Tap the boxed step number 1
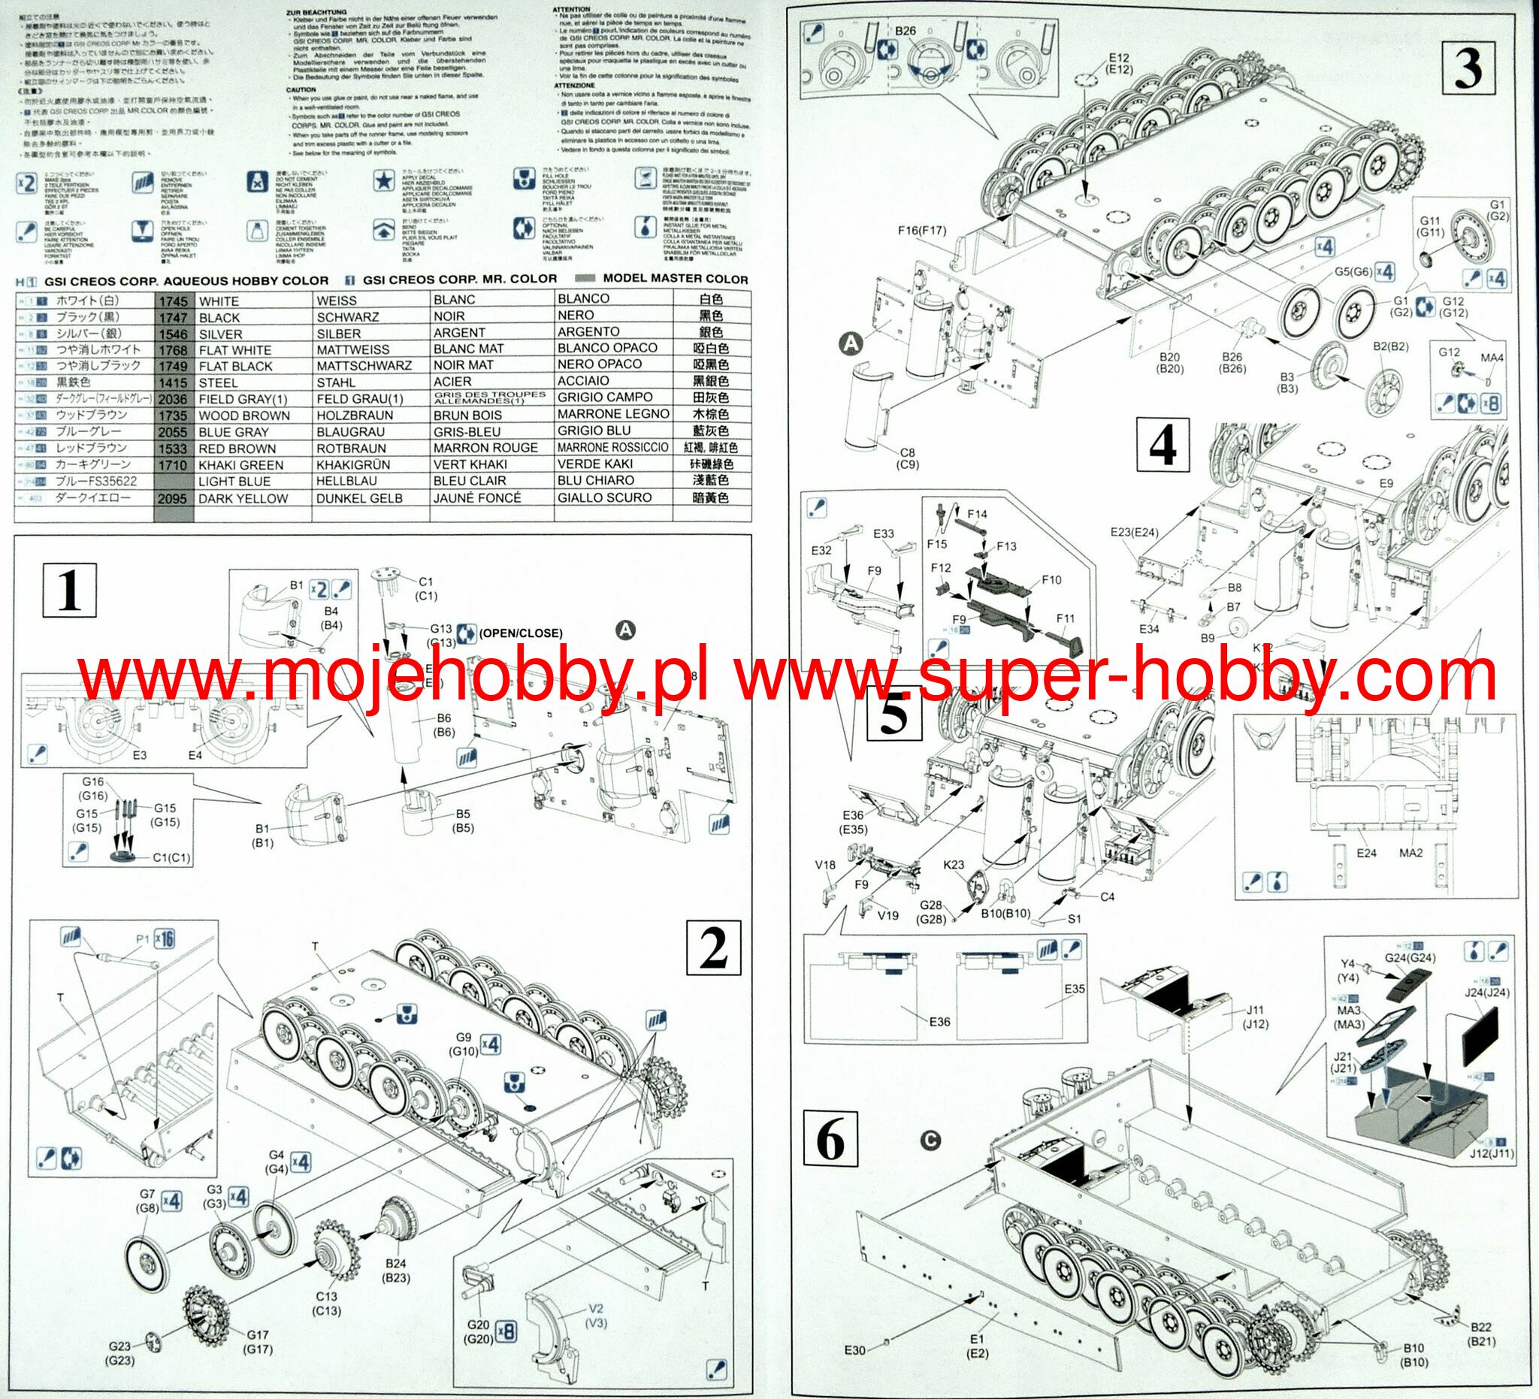[x=68, y=590]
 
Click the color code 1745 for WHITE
[x=174, y=301]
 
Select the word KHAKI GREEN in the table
[x=240, y=465]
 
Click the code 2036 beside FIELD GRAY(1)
[x=174, y=399]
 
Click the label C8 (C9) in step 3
[x=908, y=458]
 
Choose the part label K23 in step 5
[x=954, y=866]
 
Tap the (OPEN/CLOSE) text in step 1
[x=520, y=633]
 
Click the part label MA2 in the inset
[x=1410, y=852]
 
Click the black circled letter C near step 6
[x=930, y=1141]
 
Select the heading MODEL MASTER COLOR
[x=675, y=279]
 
